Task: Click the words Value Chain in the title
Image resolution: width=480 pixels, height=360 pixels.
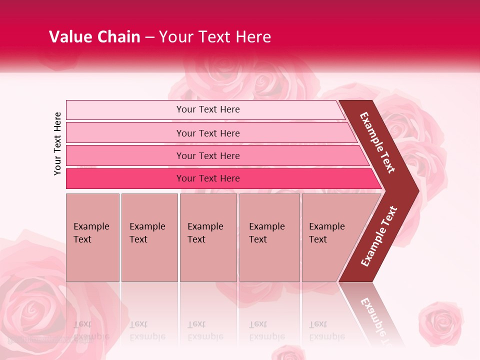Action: pyautogui.click(x=94, y=37)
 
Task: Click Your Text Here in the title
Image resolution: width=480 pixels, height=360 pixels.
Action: pyautogui.click(x=215, y=37)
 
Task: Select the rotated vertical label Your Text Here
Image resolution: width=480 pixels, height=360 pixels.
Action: pyautogui.click(x=57, y=143)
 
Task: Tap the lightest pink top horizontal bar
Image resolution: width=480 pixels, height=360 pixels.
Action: pyautogui.click(x=207, y=109)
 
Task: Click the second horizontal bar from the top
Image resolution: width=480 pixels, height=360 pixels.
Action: pyautogui.click(x=208, y=133)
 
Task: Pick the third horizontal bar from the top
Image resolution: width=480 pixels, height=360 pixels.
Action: pyautogui.click(x=208, y=155)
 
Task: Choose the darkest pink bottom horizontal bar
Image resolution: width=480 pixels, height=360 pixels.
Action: pyautogui.click(x=208, y=178)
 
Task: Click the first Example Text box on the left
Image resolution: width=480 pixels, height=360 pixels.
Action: pyautogui.click(x=92, y=237)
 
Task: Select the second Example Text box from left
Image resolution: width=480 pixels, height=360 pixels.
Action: pyautogui.click(x=149, y=237)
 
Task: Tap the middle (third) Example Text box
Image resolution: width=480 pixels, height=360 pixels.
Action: pyautogui.click(x=208, y=237)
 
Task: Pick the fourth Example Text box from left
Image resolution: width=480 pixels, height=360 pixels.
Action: pyautogui.click(x=269, y=237)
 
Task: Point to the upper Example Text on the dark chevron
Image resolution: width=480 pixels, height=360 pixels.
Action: pyautogui.click(x=377, y=142)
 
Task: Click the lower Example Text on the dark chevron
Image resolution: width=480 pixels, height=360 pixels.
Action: pyautogui.click(x=379, y=236)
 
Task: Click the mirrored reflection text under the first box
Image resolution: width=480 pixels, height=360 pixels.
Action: pyautogui.click(x=90, y=330)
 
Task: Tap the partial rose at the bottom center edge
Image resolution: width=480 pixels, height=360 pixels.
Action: pyautogui.click(x=290, y=353)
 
